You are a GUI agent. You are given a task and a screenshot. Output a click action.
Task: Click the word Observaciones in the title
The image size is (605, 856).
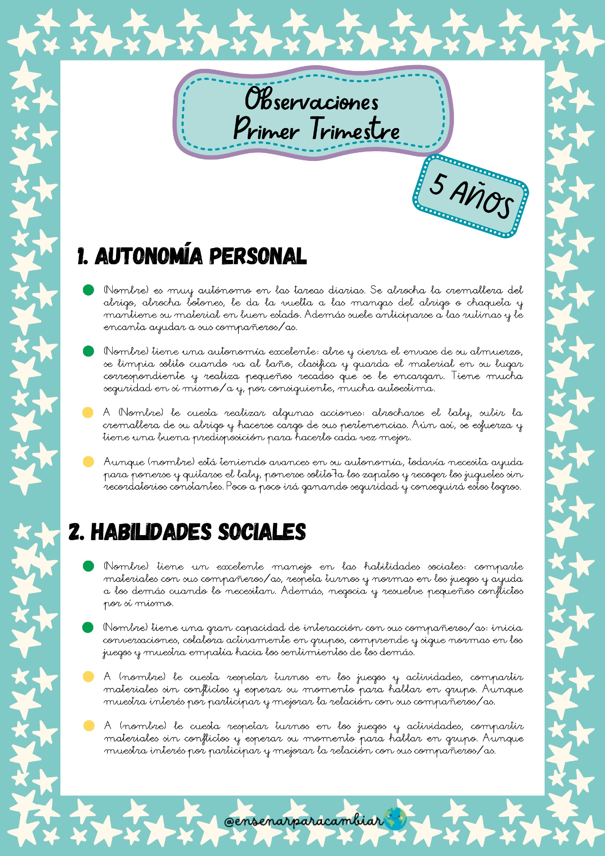click(311, 100)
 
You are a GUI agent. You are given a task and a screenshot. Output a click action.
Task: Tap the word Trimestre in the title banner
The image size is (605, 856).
click(355, 130)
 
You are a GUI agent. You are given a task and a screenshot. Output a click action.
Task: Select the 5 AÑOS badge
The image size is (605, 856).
click(470, 196)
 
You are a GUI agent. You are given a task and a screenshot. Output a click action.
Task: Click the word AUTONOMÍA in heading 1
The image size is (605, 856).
click(149, 256)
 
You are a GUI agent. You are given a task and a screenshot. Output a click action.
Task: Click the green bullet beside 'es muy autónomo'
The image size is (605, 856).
click(88, 290)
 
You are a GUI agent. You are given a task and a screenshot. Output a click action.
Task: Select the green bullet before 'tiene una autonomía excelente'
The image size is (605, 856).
click(88, 351)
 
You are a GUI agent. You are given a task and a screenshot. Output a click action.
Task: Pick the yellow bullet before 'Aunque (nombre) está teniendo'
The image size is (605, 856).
click(88, 461)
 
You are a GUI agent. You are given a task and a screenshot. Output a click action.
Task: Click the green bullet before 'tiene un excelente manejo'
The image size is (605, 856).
click(88, 566)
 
